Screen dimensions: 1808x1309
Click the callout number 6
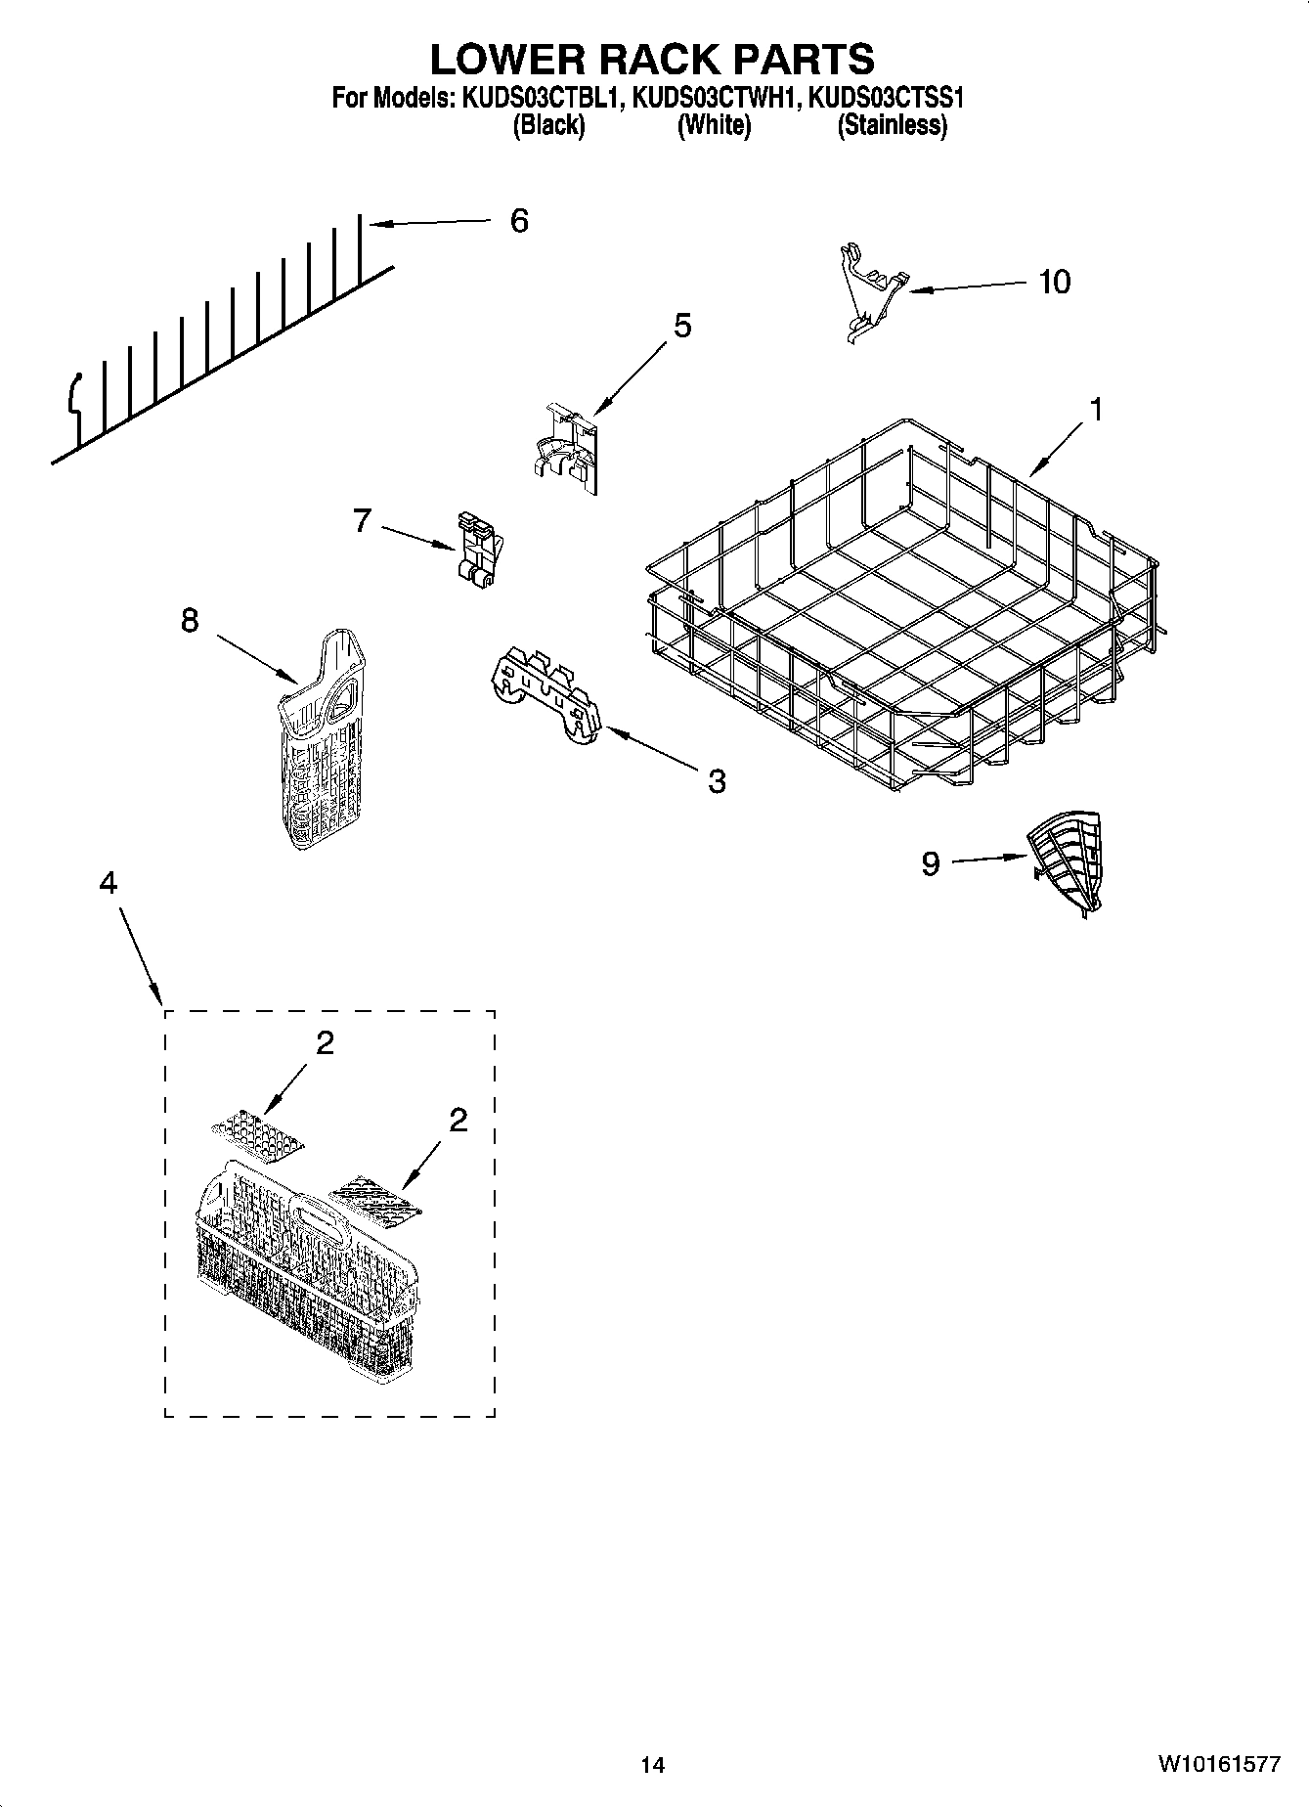tap(519, 221)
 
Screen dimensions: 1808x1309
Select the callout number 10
tap(1054, 283)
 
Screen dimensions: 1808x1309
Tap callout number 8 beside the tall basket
tap(189, 620)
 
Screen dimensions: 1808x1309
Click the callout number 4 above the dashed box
tap(108, 883)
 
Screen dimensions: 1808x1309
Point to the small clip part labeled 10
tap(868, 291)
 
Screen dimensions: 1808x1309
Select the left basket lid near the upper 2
tap(257, 1135)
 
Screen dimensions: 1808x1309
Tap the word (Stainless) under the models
tap(892, 125)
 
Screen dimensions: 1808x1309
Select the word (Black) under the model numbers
tap(548, 125)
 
